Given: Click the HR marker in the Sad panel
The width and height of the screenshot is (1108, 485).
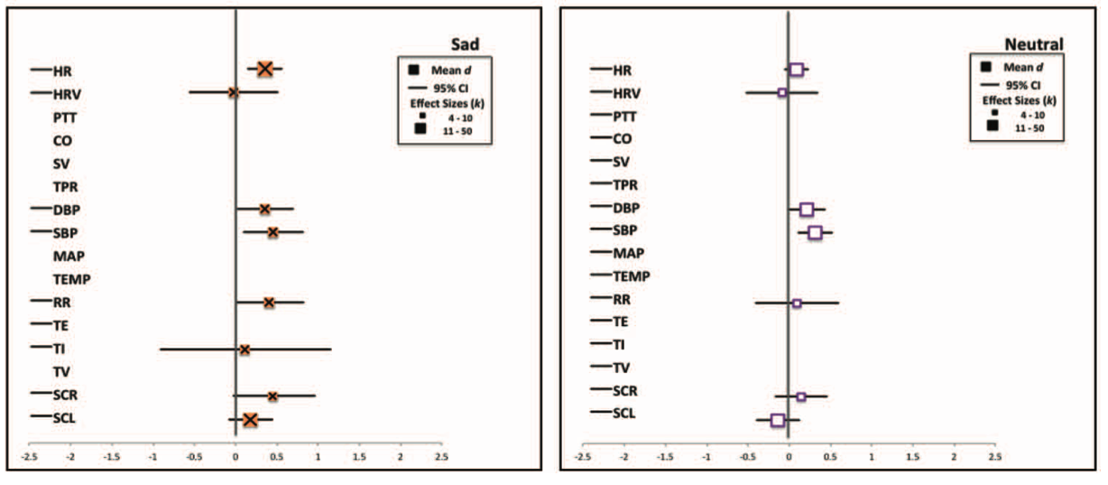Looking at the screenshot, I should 264,69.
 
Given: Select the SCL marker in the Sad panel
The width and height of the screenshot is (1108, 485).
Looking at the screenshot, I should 250,419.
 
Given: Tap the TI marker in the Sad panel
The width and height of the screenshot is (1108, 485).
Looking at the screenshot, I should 245,349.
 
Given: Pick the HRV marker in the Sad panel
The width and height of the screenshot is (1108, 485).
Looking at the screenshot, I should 233,92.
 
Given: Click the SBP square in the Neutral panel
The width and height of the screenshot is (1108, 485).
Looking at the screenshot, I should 815,232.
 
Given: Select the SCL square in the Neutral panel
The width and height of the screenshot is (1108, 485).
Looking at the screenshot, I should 778,420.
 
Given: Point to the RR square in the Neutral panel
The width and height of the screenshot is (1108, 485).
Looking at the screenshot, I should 797,303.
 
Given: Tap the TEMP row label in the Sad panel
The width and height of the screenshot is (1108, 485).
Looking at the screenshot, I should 72,279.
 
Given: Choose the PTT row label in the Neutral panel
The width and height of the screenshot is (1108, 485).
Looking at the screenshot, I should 624,117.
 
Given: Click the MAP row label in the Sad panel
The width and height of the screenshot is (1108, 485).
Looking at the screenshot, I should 69,256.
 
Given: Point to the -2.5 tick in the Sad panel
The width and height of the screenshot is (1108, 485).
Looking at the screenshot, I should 30,457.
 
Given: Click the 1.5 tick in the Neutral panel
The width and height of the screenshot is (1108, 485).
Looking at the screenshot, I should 912,457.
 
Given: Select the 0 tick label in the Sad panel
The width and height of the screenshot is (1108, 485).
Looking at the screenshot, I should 235,457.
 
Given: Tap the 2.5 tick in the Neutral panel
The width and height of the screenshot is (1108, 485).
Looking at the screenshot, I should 994,457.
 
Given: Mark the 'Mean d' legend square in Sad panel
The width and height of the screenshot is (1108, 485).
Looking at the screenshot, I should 413,70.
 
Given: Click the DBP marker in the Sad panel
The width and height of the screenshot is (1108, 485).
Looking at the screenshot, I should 264,209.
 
